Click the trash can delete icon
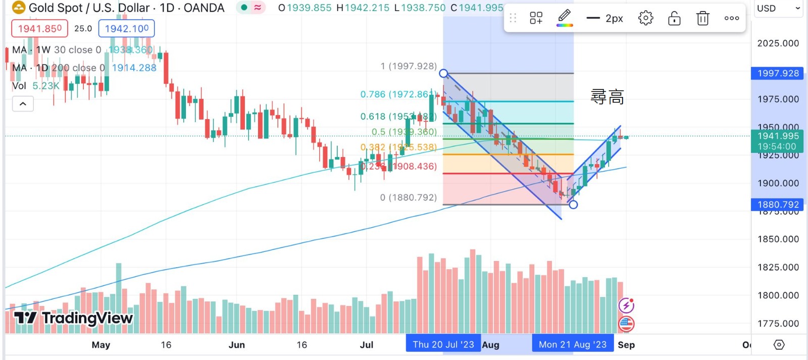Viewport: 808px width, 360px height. point(702,19)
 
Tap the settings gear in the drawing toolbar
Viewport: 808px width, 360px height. point(645,19)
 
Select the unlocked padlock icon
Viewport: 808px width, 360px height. point(674,19)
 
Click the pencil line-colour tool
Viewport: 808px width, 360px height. point(565,18)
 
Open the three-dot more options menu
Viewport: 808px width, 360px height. point(731,19)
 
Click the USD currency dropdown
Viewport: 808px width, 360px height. point(778,9)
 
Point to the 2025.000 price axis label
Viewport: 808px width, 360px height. point(778,43)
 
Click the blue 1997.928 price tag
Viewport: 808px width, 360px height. point(778,73)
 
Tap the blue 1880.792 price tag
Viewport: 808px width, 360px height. point(778,204)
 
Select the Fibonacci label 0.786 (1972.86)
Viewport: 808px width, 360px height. point(397,94)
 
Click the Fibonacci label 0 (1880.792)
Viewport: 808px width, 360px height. point(408,197)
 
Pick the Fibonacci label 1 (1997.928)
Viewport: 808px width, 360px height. point(408,66)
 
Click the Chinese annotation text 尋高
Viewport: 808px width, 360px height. point(607,96)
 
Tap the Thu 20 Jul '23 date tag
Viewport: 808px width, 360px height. point(443,344)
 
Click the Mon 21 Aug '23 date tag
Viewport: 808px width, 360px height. point(572,344)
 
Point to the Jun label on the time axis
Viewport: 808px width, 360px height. point(236,345)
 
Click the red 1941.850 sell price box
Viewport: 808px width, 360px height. point(39,29)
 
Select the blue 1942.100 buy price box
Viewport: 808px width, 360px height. point(126,29)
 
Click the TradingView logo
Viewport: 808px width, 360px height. point(74,318)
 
